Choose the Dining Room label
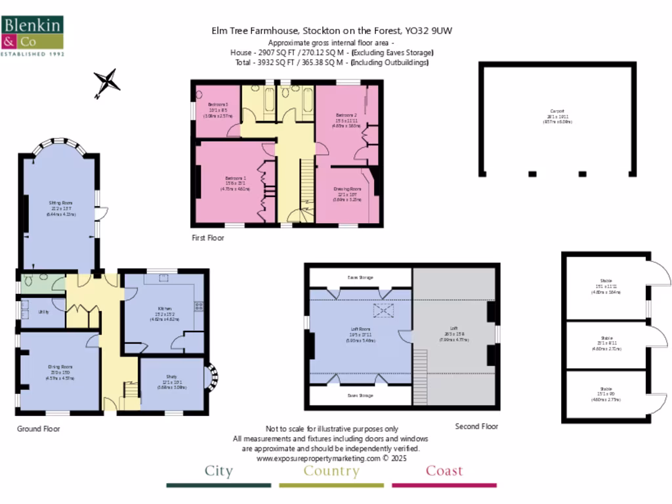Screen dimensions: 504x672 coord(60,367)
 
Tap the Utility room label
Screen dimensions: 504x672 coord(44,312)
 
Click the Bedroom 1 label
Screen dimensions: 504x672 coord(236,178)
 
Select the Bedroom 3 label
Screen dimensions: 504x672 coord(218,104)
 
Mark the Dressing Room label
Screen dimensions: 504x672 coord(349,188)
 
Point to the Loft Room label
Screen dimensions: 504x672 coord(360,329)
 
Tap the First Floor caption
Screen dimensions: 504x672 coord(208,238)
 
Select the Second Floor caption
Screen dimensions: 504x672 coord(476,427)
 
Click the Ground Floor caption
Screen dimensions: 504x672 coord(38,429)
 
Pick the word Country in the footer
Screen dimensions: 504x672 coord(331,471)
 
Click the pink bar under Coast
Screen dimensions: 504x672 coord(444,486)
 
